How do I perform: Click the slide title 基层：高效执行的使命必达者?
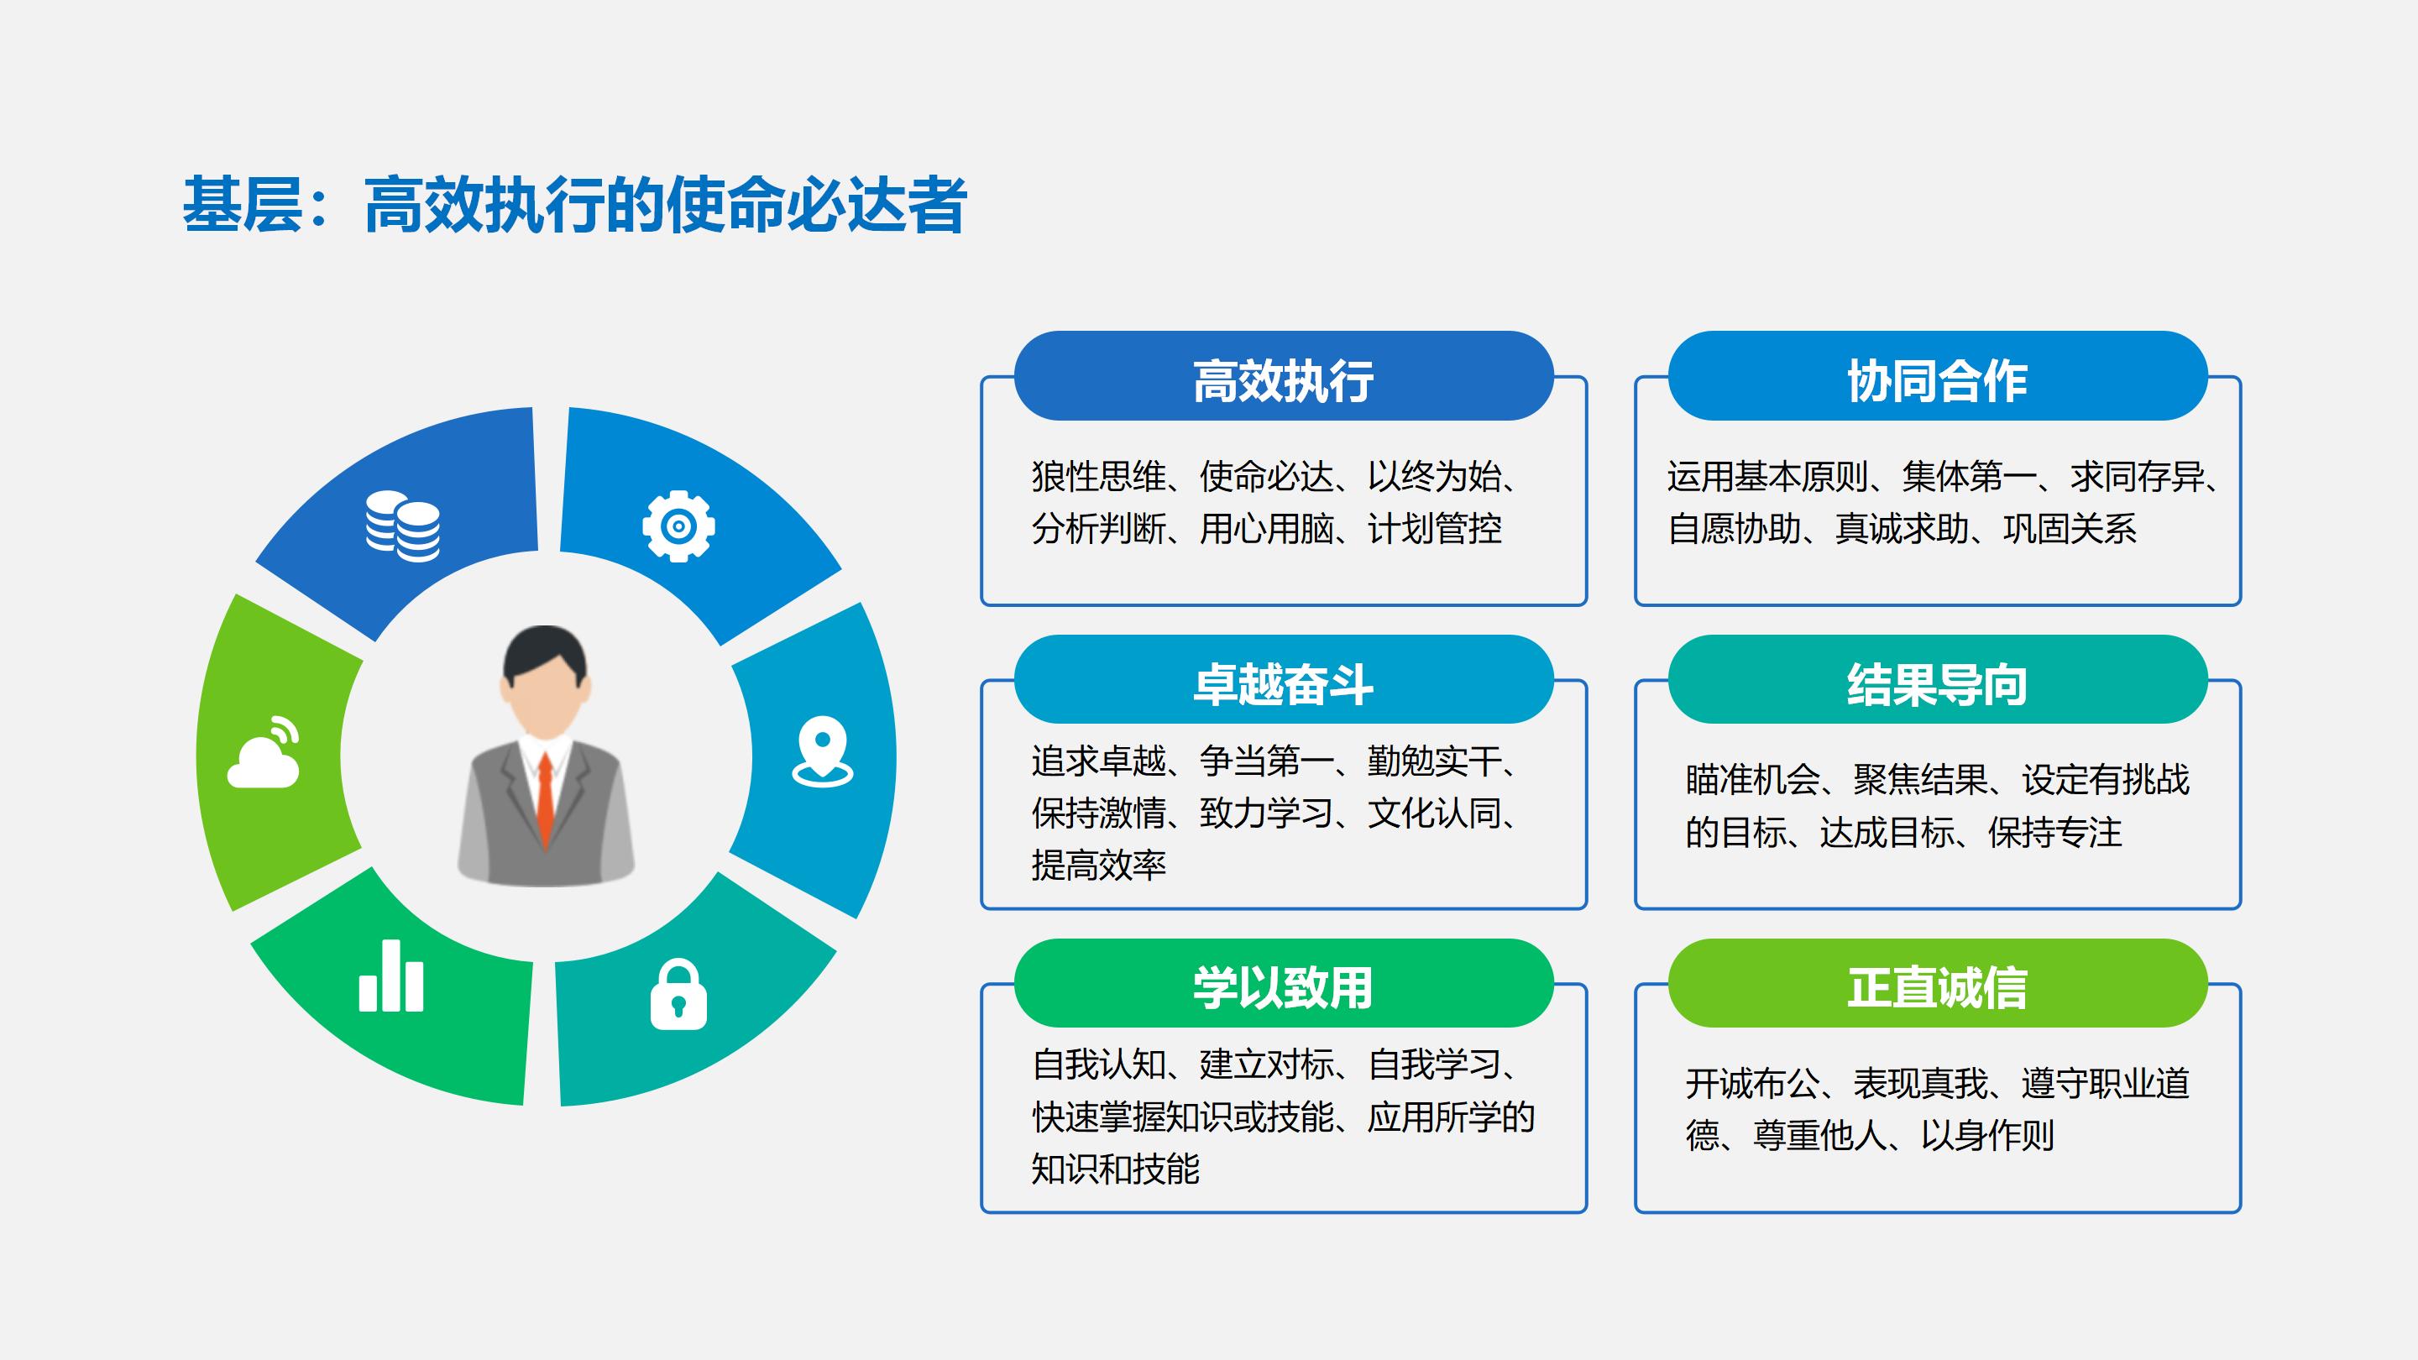pyautogui.click(x=574, y=205)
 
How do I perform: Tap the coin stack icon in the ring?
pyautogui.click(x=403, y=526)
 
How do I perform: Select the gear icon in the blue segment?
pyautogui.click(x=678, y=526)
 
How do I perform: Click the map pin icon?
pyautogui.click(x=822, y=751)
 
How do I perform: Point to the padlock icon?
pyautogui.click(x=678, y=994)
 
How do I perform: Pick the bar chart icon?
pyautogui.click(x=391, y=976)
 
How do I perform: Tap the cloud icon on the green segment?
pyautogui.click(x=264, y=752)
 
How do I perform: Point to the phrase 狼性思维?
pyautogui.click(x=1098, y=477)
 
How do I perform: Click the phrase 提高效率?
pyautogui.click(x=1098, y=866)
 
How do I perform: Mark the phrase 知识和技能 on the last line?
pyautogui.click(x=1115, y=1169)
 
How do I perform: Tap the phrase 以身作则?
pyautogui.click(x=1987, y=1136)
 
